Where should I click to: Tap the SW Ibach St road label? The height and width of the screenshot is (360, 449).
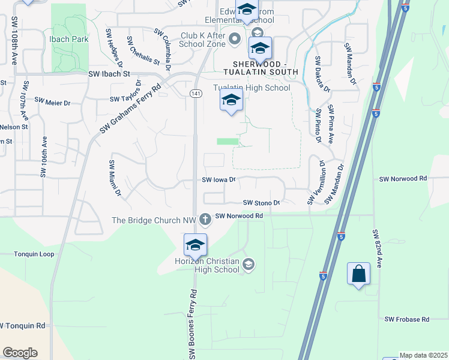pyautogui.click(x=109, y=74)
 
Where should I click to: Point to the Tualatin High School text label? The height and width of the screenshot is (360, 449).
pyautogui.click(x=252, y=88)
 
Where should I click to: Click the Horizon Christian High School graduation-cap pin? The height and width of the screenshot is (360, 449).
pyautogui.click(x=196, y=245)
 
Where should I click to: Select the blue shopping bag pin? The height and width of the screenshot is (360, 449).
pyautogui.click(x=358, y=274)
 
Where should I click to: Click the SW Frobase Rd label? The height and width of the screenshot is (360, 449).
pyautogui.click(x=407, y=320)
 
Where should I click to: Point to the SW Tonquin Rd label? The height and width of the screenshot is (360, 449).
pyautogui.click(x=23, y=326)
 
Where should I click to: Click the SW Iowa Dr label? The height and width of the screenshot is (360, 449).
pyautogui.click(x=220, y=179)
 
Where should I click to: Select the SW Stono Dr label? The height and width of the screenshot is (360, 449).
pyautogui.click(x=262, y=203)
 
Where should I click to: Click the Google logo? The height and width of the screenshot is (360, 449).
pyautogui.click(x=20, y=353)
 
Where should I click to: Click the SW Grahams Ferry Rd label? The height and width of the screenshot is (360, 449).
pyautogui.click(x=131, y=108)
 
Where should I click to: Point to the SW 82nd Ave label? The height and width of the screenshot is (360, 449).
pyautogui.click(x=377, y=249)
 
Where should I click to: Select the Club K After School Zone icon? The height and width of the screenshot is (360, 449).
pyautogui.click(x=235, y=40)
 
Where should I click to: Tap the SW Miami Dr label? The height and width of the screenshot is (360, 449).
pyautogui.click(x=115, y=178)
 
